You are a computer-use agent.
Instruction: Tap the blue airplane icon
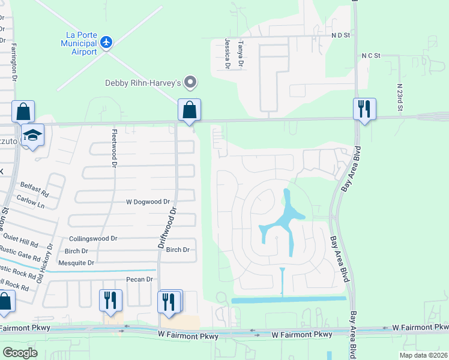pos(107,42)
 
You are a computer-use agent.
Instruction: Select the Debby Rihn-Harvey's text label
pos(143,83)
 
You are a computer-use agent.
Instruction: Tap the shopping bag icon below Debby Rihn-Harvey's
pos(189,110)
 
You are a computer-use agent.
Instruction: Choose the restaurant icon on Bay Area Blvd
pos(364,109)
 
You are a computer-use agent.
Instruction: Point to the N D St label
pos(340,35)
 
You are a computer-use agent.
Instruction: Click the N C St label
pos(371,56)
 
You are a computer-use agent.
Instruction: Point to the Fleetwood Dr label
pos(113,146)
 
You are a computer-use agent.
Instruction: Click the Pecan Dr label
pos(140,280)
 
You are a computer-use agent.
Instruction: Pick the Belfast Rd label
pos(34,189)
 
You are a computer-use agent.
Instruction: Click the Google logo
pos(20,352)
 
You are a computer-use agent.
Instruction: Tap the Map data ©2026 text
pos(421,355)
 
